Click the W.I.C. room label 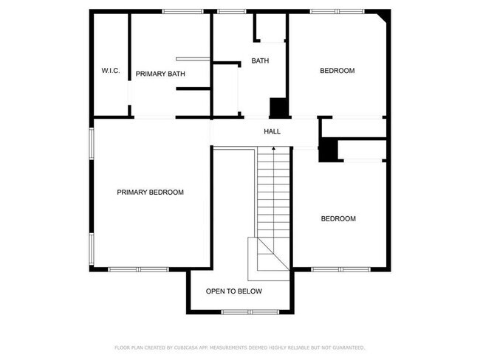(111, 71)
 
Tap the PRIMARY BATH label (160, 74)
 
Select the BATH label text (260, 60)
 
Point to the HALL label (272, 131)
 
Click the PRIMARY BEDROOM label (150, 193)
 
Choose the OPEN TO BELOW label (233, 291)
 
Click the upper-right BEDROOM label (337, 71)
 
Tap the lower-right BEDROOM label (338, 219)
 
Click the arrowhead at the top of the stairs (274, 149)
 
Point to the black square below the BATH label (279, 108)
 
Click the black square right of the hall (328, 151)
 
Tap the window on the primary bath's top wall (184, 11)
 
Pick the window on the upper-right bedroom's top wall (337, 11)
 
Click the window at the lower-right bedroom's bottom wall (340, 269)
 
